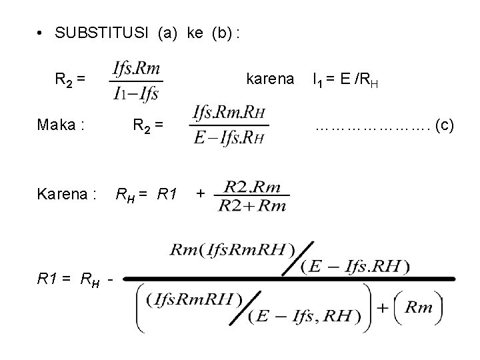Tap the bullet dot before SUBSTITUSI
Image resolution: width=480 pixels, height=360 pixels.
41,34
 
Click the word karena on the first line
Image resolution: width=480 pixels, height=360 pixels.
269,79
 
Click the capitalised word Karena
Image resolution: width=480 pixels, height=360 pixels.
67,195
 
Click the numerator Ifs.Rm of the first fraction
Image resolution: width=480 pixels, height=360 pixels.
138,68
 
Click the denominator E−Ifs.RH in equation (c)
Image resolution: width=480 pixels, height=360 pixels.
229,138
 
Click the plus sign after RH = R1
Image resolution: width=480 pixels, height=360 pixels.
200,194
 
